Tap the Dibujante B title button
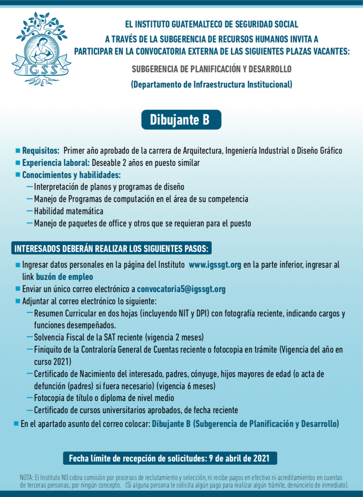click(x=181, y=120)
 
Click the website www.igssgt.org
click(x=215, y=265)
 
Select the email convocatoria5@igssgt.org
click(x=181, y=289)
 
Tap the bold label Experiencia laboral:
click(x=56, y=163)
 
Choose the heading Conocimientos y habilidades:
click(x=71, y=175)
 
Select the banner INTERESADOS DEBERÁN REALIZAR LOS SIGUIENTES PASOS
click(x=112, y=248)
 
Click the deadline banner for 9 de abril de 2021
click(x=170, y=458)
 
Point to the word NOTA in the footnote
click(x=26, y=477)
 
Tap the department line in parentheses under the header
click(x=211, y=84)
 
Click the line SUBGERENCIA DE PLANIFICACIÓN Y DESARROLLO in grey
click(x=211, y=69)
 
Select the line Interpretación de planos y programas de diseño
click(x=109, y=187)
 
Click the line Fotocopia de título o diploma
click(x=104, y=398)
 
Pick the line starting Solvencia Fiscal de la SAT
click(x=118, y=337)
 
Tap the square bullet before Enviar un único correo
click(x=18, y=289)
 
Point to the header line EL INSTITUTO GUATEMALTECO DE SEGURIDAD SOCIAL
click(x=211, y=24)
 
